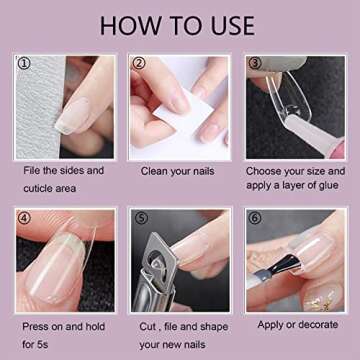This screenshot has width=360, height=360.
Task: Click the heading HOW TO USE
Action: tap(180, 25)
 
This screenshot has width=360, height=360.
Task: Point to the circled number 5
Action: tap(141, 218)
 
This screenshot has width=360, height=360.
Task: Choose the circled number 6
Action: tap(256, 218)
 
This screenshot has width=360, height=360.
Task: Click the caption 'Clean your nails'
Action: tap(180, 170)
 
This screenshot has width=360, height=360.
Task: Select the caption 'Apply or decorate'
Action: tap(297, 324)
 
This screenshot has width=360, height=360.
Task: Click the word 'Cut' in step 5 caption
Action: tap(151, 325)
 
